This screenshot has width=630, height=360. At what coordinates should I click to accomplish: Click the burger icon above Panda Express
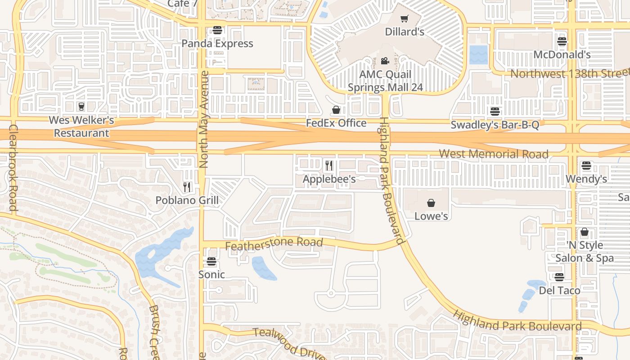[x=217, y=31]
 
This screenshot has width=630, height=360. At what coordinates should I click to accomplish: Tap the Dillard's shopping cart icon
[x=405, y=19]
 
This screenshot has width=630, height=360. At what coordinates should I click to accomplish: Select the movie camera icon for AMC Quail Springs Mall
[x=385, y=61]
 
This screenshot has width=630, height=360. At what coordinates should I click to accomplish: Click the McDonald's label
[x=562, y=54]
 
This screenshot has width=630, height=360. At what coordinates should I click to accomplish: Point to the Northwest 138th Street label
[x=569, y=73]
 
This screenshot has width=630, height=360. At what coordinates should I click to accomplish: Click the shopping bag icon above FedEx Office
[x=336, y=110]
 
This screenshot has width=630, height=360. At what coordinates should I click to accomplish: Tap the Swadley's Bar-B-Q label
[x=495, y=125]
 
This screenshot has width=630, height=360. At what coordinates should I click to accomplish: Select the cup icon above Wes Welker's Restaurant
[x=81, y=107]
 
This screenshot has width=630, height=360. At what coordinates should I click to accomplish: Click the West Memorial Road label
[x=493, y=154]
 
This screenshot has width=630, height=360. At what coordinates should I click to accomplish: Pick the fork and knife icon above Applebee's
[x=329, y=166]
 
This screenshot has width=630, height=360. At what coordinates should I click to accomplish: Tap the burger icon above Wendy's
[x=586, y=166]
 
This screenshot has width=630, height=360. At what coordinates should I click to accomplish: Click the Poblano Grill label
[x=187, y=200]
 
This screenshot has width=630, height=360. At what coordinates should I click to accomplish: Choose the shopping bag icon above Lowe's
[x=431, y=203]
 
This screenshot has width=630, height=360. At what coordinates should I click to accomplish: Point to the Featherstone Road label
[x=274, y=244]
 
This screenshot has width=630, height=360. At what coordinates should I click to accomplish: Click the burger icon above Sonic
[x=211, y=261]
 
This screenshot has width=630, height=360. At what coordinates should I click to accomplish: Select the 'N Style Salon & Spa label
[x=584, y=252]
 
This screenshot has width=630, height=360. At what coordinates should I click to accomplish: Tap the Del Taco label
[x=559, y=290]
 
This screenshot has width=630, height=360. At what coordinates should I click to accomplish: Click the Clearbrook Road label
[x=13, y=167]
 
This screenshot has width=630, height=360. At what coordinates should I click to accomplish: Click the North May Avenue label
[x=204, y=119]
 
